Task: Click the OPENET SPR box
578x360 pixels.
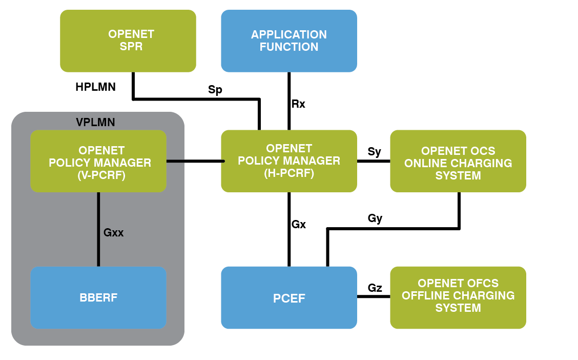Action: [x=128, y=41]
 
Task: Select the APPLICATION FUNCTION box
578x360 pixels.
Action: [x=289, y=41]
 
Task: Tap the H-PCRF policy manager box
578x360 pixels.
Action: [x=289, y=161]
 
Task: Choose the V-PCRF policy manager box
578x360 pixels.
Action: [x=98, y=161]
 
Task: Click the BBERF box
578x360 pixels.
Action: [x=98, y=297]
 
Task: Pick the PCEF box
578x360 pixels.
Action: [x=289, y=297]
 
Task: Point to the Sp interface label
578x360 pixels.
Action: [x=215, y=90]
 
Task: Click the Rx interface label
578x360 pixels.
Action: [x=298, y=104]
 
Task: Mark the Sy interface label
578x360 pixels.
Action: [x=375, y=152]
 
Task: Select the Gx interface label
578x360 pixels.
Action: [x=299, y=224]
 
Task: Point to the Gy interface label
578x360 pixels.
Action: [x=375, y=218]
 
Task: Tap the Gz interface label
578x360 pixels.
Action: [x=375, y=288]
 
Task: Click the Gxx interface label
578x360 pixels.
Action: [x=114, y=232]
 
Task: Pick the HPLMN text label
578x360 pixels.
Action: [x=95, y=87]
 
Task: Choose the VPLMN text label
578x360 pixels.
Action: [x=95, y=123]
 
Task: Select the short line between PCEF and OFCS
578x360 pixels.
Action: [x=374, y=297]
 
